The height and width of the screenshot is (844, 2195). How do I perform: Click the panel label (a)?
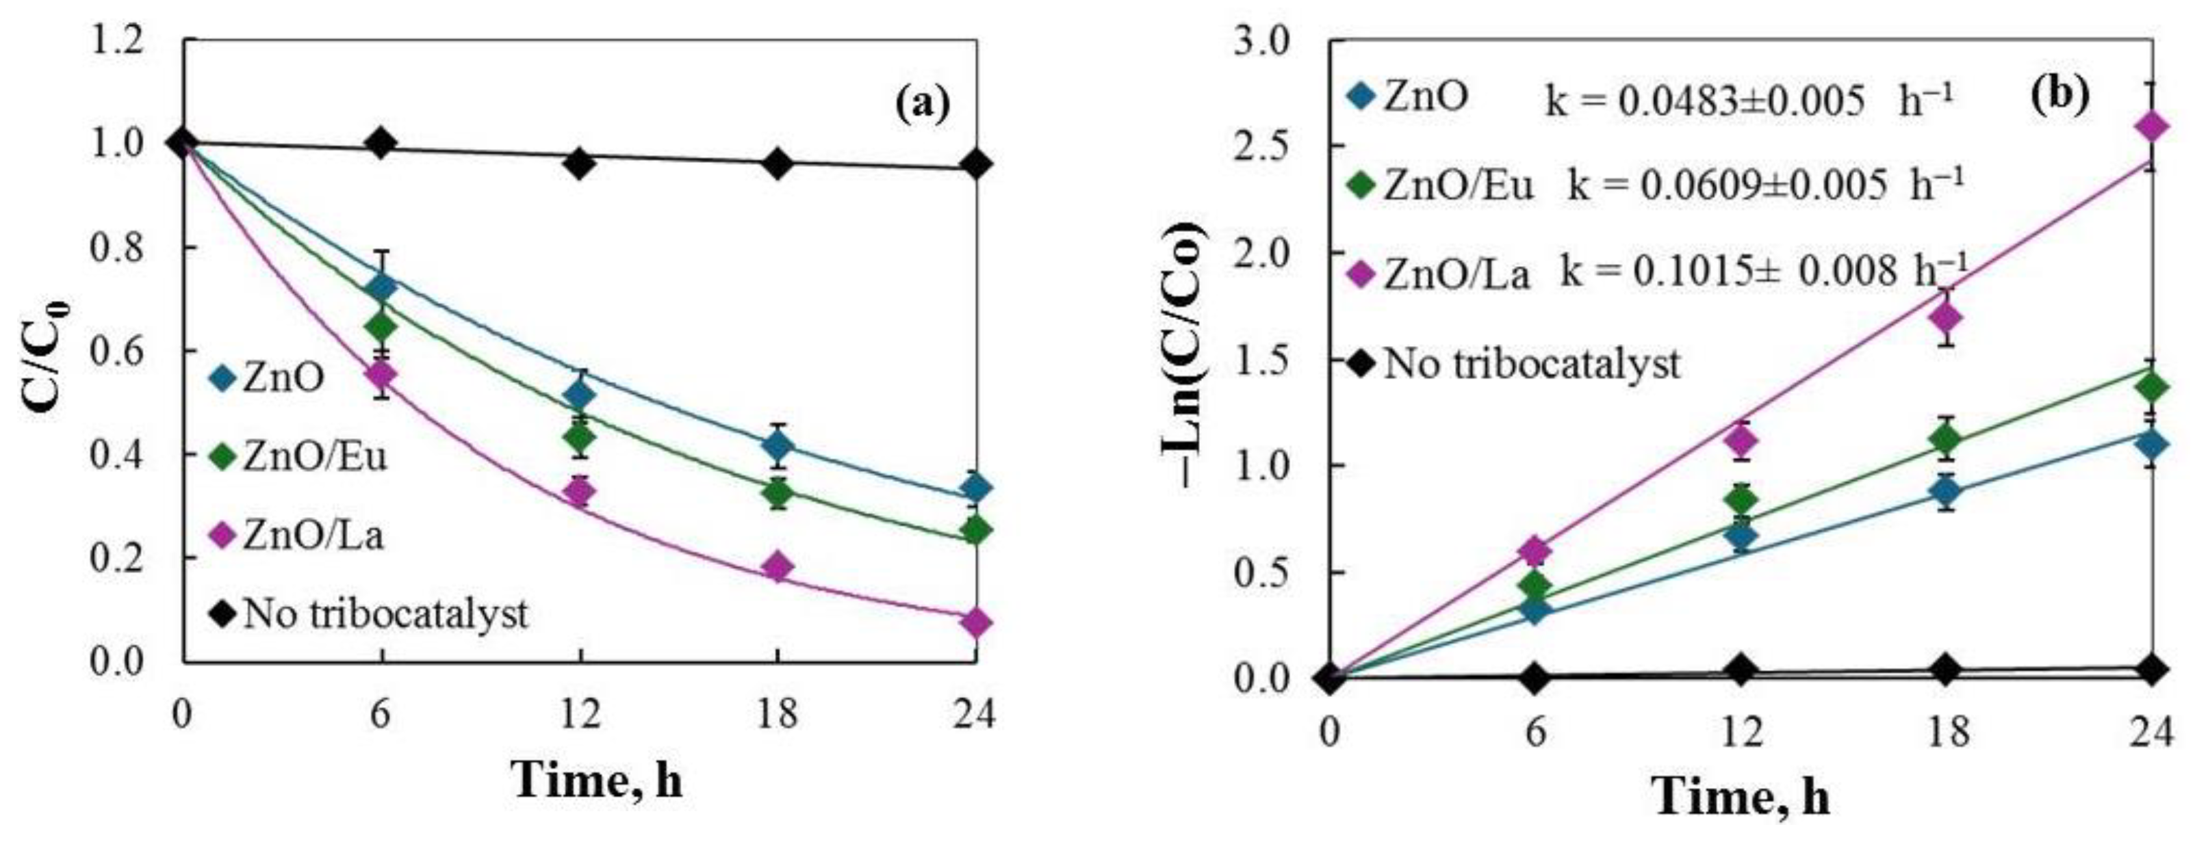click(x=922, y=105)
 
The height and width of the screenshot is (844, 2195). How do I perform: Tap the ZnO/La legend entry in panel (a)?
click(x=298, y=536)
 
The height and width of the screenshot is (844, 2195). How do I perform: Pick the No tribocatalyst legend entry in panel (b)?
click(x=1516, y=365)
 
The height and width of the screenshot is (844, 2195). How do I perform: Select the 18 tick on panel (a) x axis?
click(x=777, y=713)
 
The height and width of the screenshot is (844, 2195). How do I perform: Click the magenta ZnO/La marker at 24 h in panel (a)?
click(x=975, y=622)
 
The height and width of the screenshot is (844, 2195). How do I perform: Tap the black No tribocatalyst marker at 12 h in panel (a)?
click(x=580, y=163)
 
